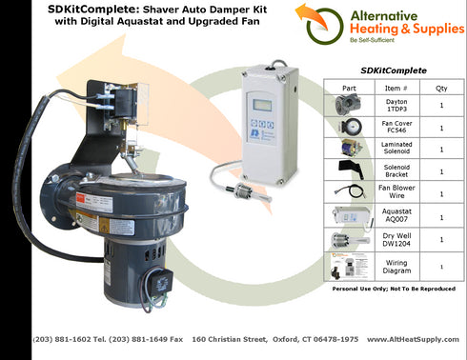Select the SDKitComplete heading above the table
point(393,70)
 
